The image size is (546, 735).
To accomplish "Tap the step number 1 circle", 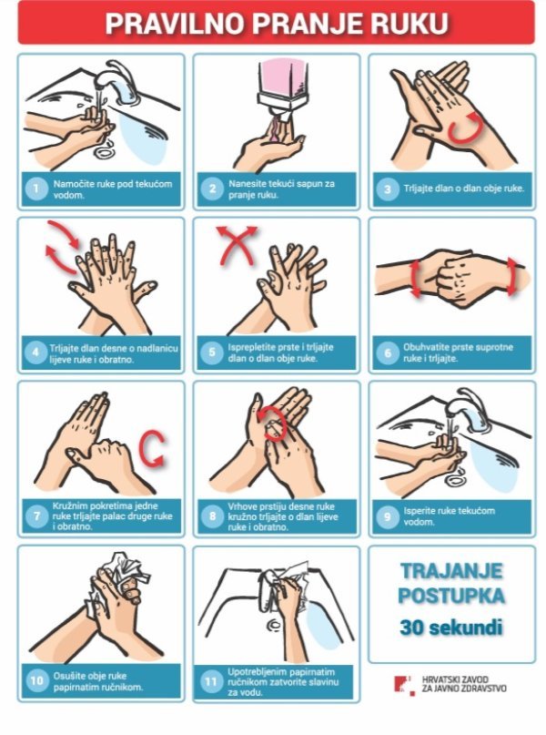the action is (36, 189).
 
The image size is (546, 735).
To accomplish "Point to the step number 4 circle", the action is (36, 352).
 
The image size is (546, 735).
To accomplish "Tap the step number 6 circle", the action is (388, 352).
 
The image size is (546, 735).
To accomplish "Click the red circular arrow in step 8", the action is (271, 422).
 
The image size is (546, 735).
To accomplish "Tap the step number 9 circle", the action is (388, 516).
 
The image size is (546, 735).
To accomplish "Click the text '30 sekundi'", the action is (451, 628).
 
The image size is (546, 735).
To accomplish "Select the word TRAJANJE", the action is (451, 571).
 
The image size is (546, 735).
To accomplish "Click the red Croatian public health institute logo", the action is (404, 685).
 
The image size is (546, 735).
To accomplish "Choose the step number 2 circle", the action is (212, 189).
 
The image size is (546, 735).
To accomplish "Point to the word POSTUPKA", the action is (451, 596).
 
